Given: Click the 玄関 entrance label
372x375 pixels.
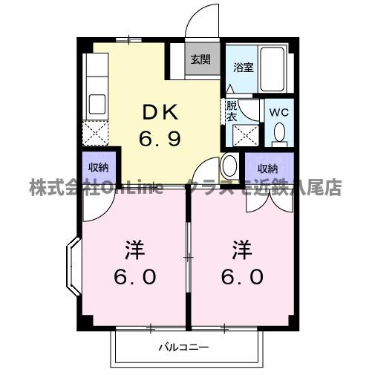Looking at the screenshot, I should point(199,60).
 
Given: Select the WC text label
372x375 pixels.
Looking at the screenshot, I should point(279,112).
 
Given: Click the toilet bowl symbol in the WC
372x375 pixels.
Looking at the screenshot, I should point(280,132).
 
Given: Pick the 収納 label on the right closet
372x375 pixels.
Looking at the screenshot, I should point(267,167).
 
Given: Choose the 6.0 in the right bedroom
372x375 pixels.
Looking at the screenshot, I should point(242,276).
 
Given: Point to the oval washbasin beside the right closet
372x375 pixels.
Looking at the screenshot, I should point(229,165).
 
